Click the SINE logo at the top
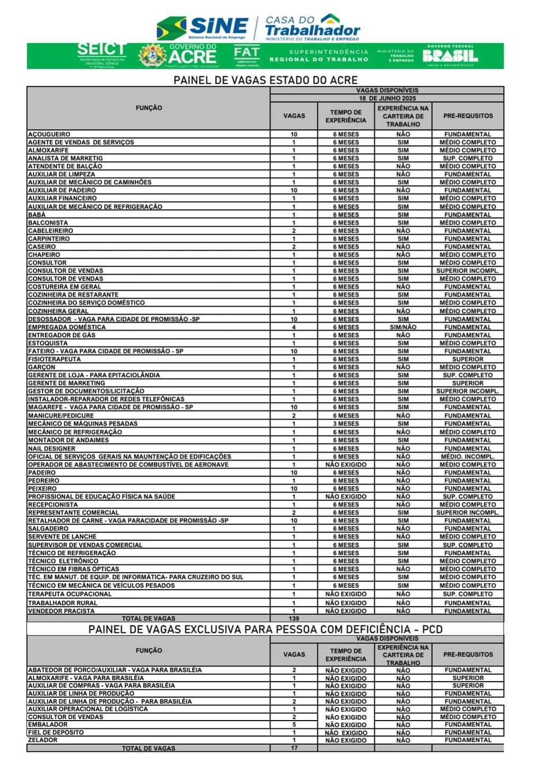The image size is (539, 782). tap(203, 27)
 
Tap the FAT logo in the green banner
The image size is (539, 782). tap(246, 55)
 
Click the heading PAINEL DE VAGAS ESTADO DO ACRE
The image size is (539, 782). tap(265, 80)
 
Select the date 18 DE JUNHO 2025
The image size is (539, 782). tap(387, 99)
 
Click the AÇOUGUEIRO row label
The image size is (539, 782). tap(49, 134)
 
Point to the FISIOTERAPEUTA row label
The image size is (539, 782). tap(54, 359)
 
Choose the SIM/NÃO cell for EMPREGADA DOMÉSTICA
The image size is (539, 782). tap(403, 327)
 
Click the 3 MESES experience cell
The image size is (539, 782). tap(346, 424)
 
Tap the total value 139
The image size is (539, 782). tap(294, 618)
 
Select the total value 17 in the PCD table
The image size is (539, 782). tap(294, 748)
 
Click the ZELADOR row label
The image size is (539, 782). tap(43, 740)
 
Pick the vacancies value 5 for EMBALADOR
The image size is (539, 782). tap(294, 724)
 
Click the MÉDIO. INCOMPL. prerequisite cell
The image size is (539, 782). tap(467, 456)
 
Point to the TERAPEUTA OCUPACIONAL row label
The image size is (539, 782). tap(70, 594)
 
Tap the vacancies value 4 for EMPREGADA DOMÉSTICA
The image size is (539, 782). tap(294, 327)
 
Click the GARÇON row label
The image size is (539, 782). tap(42, 367)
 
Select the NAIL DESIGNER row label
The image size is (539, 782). tap(51, 448)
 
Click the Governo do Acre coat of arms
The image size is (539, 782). tap(152, 56)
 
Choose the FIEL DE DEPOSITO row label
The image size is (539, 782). tap(56, 733)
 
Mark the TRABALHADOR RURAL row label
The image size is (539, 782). tap(62, 603)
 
